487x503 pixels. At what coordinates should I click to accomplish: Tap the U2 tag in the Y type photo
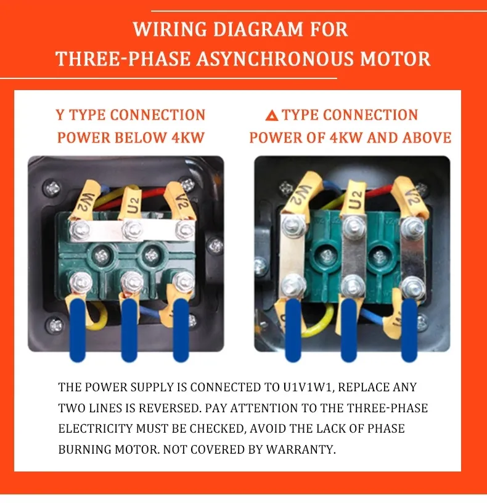point(131,199)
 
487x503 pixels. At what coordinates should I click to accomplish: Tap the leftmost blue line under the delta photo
point(293,330)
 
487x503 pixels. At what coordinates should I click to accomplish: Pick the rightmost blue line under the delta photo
point(409,330)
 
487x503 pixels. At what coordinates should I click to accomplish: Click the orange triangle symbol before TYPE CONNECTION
point(271,115)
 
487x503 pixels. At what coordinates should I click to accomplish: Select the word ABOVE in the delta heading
point(427,136)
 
